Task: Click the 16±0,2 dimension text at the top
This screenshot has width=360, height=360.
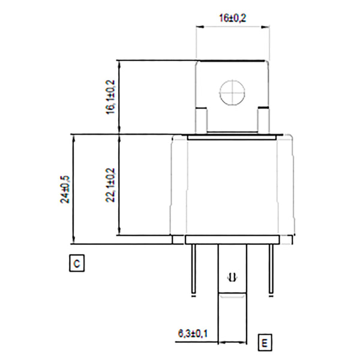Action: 233,19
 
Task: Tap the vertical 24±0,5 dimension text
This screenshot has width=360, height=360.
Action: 64,190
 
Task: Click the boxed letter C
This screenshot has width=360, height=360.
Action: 77,263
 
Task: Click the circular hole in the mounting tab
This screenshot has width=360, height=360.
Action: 232,94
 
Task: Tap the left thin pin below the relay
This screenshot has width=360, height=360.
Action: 194,270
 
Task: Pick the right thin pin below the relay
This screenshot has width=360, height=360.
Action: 270,270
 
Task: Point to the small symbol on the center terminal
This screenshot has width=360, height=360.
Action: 232,277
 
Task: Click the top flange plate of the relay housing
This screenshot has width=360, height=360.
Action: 232,137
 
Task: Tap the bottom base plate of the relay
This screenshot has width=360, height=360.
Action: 232,240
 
